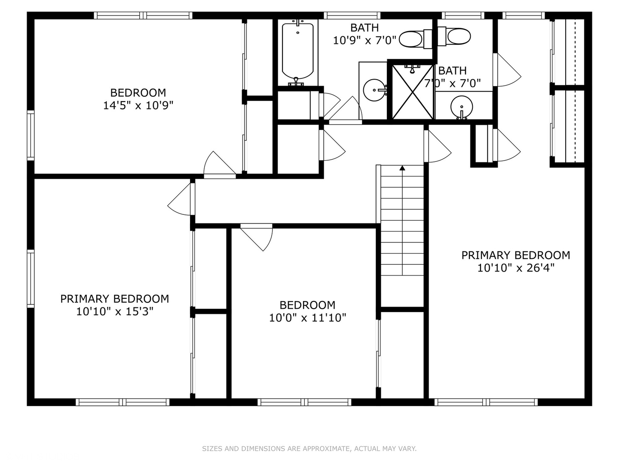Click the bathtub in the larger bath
tap(297, 52)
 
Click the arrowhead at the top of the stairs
tap(402, 168)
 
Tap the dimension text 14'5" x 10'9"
tap(138, 105)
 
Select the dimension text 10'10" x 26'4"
tap(516, 268)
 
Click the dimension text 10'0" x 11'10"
tap(307, 318)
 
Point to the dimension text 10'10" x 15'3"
tap(114, 311)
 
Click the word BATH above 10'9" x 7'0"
tap(365, 28)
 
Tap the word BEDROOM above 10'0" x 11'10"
tap(307, 305)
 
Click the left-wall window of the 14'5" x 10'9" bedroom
tap(31, 135)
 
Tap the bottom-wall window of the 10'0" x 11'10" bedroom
tap(304, 402)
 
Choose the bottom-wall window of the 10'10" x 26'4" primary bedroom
tap(486, 402)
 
